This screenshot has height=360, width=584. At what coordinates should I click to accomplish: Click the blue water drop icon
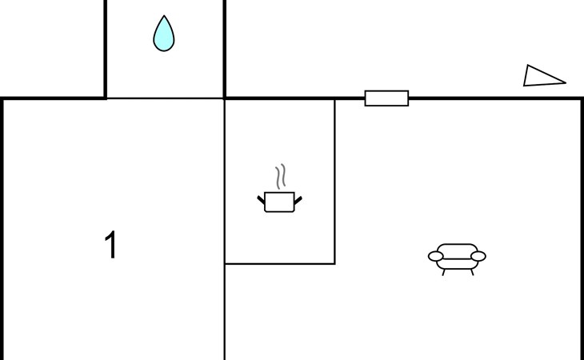click(x=163, y=35)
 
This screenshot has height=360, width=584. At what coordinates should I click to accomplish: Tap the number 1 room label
click(x=111, y=246)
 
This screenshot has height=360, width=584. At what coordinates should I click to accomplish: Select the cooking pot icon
click(x=279, y=202)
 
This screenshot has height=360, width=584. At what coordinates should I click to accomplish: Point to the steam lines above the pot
click(x=280, y=177)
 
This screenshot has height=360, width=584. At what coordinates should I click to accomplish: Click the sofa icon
click(x=457, y=257)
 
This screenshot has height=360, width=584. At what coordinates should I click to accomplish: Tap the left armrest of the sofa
click(x=436, y=256)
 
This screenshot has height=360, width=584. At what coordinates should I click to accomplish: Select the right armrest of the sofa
click(x=478, y=256)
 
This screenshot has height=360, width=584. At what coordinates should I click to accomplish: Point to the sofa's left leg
click(x=444, y=272)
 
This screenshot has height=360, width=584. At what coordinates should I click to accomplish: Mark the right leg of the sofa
click(x=472, y=272)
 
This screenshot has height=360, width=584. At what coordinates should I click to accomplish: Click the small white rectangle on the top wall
click(x=386, y=98)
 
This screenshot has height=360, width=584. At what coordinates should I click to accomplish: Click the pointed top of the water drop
click(x=164, y=17)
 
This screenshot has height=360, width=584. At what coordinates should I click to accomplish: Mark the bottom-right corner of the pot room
click(x=334, y=262)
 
